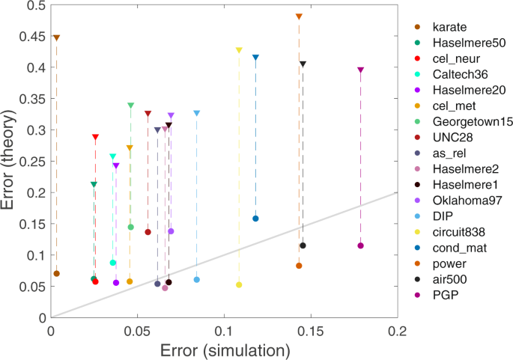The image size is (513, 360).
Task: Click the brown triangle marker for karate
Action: [56, 37]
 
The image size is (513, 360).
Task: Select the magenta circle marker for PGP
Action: [360, 245]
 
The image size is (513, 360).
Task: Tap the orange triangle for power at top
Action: [299, 16]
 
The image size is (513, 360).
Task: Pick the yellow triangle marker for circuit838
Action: [239, 50]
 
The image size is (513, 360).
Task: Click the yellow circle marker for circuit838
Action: [239, 284]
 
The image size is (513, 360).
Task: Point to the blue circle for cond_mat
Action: [255, 219]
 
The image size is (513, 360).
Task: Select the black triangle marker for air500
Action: [303, 64]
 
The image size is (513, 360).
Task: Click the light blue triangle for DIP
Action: [197, 113]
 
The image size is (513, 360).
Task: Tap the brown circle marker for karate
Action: [56, 273]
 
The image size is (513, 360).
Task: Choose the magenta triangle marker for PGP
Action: [360, 70]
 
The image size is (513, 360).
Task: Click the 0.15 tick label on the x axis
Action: [310, 331]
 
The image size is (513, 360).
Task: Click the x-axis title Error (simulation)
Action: [223, 350]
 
